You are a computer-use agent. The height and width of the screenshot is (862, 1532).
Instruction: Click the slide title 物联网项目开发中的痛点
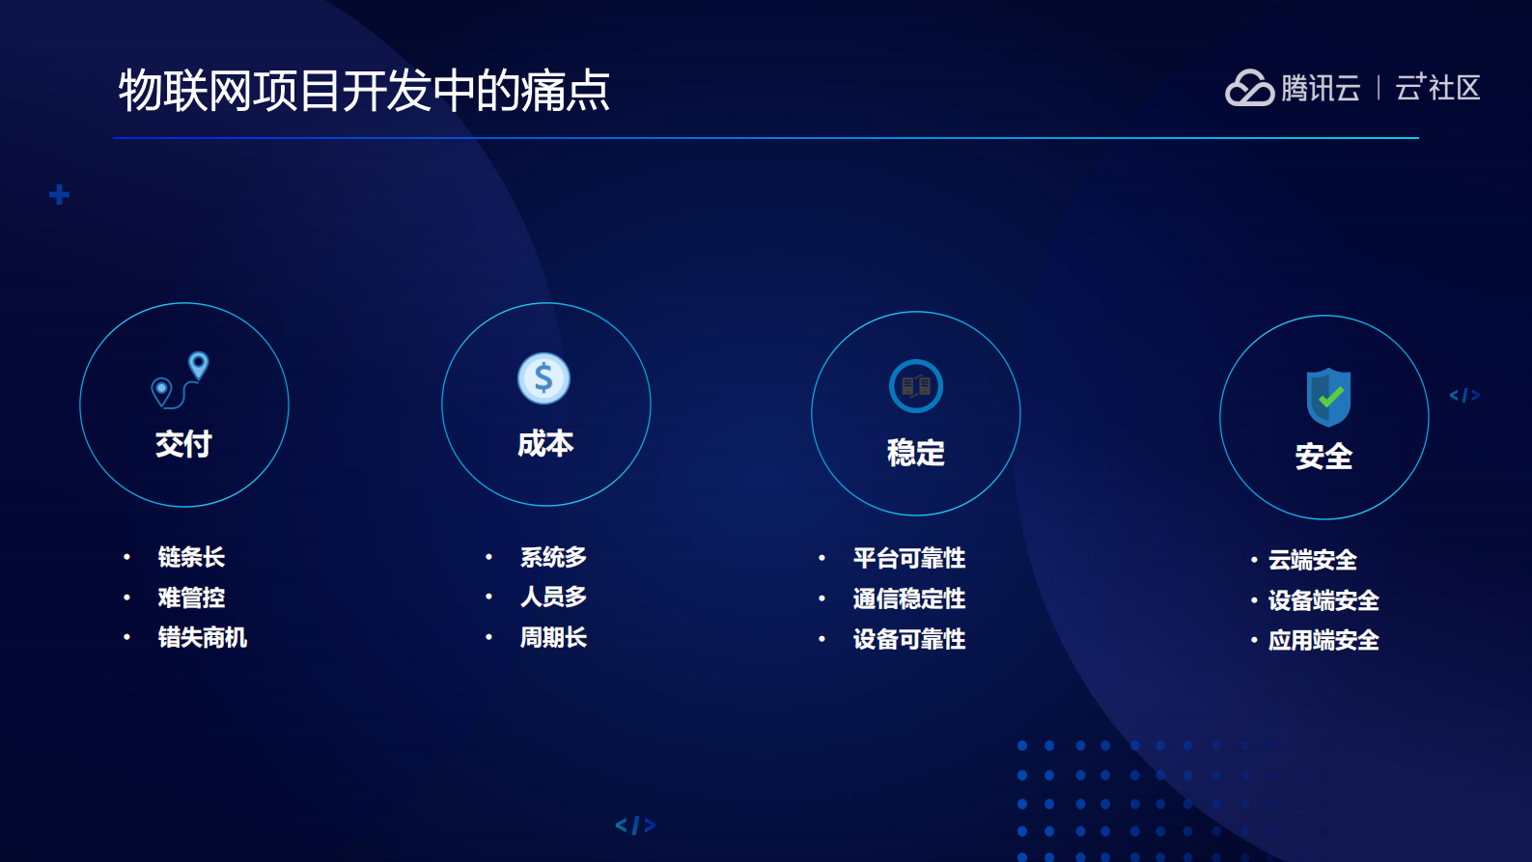click(x=364, y=91)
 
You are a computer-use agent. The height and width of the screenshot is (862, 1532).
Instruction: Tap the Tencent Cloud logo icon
click(x=1249, y=88)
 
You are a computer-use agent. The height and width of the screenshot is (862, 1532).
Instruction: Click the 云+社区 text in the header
click(x=1437, y=88)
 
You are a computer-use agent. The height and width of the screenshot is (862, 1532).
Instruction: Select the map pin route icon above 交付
click(x=181, y=379)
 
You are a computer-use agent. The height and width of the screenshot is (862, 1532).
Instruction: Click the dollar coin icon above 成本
click(x=544, y=378)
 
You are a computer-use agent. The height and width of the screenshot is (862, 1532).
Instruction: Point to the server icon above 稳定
click(x=915, y=386)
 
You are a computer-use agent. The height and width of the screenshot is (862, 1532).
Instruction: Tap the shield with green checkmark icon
click(x=1328, y=397)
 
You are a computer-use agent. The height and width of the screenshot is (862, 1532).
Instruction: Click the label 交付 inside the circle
click(x=183, y=444)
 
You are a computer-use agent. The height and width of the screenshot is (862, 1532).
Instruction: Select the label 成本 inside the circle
click(x=545, y=444)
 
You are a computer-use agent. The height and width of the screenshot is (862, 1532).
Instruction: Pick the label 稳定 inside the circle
click(x=915, y=453)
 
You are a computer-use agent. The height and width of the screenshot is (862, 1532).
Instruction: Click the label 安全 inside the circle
click(x=1323, y=456)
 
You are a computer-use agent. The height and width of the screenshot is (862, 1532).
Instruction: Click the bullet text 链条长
click(x=191, y=557)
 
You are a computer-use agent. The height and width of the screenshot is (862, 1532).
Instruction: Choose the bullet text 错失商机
click(x=203, y=637)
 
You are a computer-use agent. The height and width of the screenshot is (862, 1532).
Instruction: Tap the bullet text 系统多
click(x=553, y=557)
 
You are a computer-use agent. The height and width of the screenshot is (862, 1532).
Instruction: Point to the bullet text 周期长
click(x=553, y=637)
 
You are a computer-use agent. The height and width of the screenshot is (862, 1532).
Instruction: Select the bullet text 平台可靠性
click(x=908, y=558)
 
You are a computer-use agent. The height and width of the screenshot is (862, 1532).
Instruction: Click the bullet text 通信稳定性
click(x=908, y=598)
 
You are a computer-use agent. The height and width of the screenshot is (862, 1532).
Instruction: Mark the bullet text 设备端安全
click(x=1323, y=600)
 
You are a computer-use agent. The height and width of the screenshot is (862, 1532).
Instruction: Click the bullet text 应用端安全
click(x=1323, y=640)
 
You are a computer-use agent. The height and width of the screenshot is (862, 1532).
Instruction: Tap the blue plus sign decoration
click(x=60, y=195)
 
